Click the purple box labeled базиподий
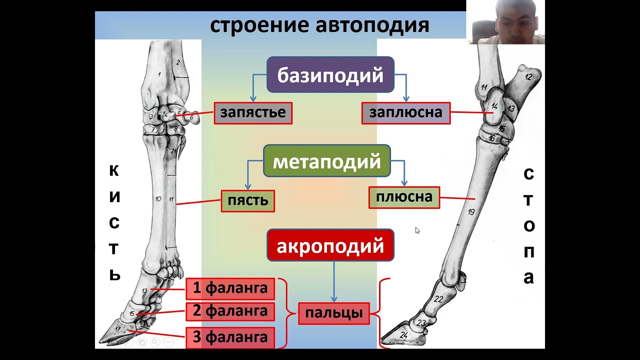(330, 75)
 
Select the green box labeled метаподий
(326, 161)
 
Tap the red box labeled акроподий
(330, 246)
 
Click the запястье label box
(253, 113)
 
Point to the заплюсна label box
(405, 113)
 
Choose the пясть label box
(247, 201)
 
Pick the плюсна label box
(404, 197)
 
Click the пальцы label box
(333, 314)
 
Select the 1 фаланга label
(230, 288)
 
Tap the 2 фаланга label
(230, 311)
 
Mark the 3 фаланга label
(230, 337)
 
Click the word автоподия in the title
(372, 25)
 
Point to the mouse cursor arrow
(417, 230)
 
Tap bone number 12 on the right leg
(528, 77)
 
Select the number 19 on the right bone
(471, 212)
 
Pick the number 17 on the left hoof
(118, 329)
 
